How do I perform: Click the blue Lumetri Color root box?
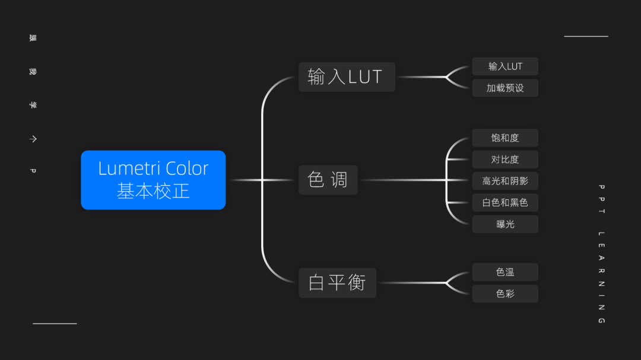(x=153, y=180)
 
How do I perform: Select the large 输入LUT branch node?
(x=347, y=77)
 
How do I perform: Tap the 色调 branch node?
(x=328, y=180)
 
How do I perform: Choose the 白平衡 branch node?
(x=337, y=282)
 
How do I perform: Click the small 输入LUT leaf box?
(x=505, y=66)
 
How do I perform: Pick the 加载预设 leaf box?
(x=505, y=88)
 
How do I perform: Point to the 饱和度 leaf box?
(x=505, y=138)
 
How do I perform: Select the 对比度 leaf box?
(x=505, y=159)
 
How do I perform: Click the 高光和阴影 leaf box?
(x=505, y=180)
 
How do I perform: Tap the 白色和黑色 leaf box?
(x=505, y=202)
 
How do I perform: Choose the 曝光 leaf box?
(x=505, y=224)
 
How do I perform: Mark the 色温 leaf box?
(x=505, y=272)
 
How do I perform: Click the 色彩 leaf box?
(x=505, y=294)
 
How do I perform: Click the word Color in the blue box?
(x=187, y=168)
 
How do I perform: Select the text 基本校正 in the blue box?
(x=153, y=191)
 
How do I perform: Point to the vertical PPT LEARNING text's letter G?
(x=601, y=321)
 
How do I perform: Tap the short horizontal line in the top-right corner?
(x=586, y=36)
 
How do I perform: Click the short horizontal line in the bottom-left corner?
(x=55, y=324)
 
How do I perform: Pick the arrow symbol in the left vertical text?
(x=33, y=139)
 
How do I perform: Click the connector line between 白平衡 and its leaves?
(x=412, y=283)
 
